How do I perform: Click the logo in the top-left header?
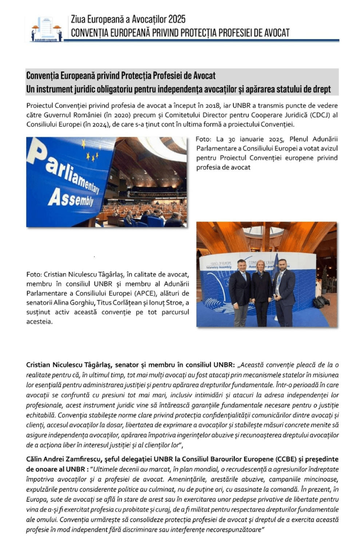point(46,29)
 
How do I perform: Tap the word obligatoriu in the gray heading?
point(115,89)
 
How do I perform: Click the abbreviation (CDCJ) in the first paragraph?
point(320,115)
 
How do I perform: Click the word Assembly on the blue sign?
point(71,198)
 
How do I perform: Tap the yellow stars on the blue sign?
point(91,154)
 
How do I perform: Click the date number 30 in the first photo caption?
point(232,139)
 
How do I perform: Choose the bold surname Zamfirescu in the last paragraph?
point(84,459)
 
